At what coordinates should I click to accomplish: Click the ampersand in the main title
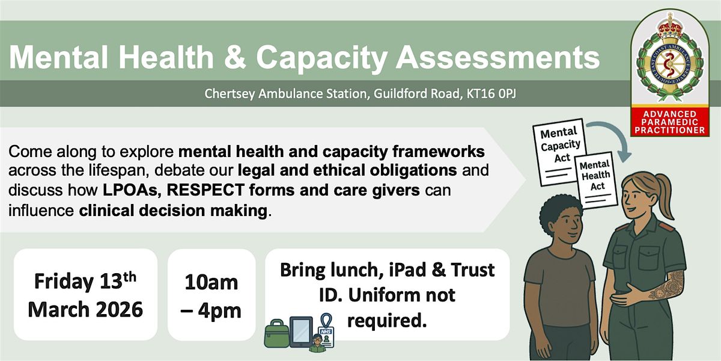coord(235,57)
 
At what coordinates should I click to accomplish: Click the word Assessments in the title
coord(497,57)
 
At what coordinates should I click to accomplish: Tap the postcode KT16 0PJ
coord(491,93)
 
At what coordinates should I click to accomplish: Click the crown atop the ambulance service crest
coord(670,28)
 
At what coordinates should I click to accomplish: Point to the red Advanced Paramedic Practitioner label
coord(670,122)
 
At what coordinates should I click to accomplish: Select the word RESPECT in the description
coord(205,190)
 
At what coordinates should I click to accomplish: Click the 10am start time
coord(211,283)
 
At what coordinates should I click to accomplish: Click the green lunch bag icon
coord(276,333)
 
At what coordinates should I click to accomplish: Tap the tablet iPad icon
coord(301,332)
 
